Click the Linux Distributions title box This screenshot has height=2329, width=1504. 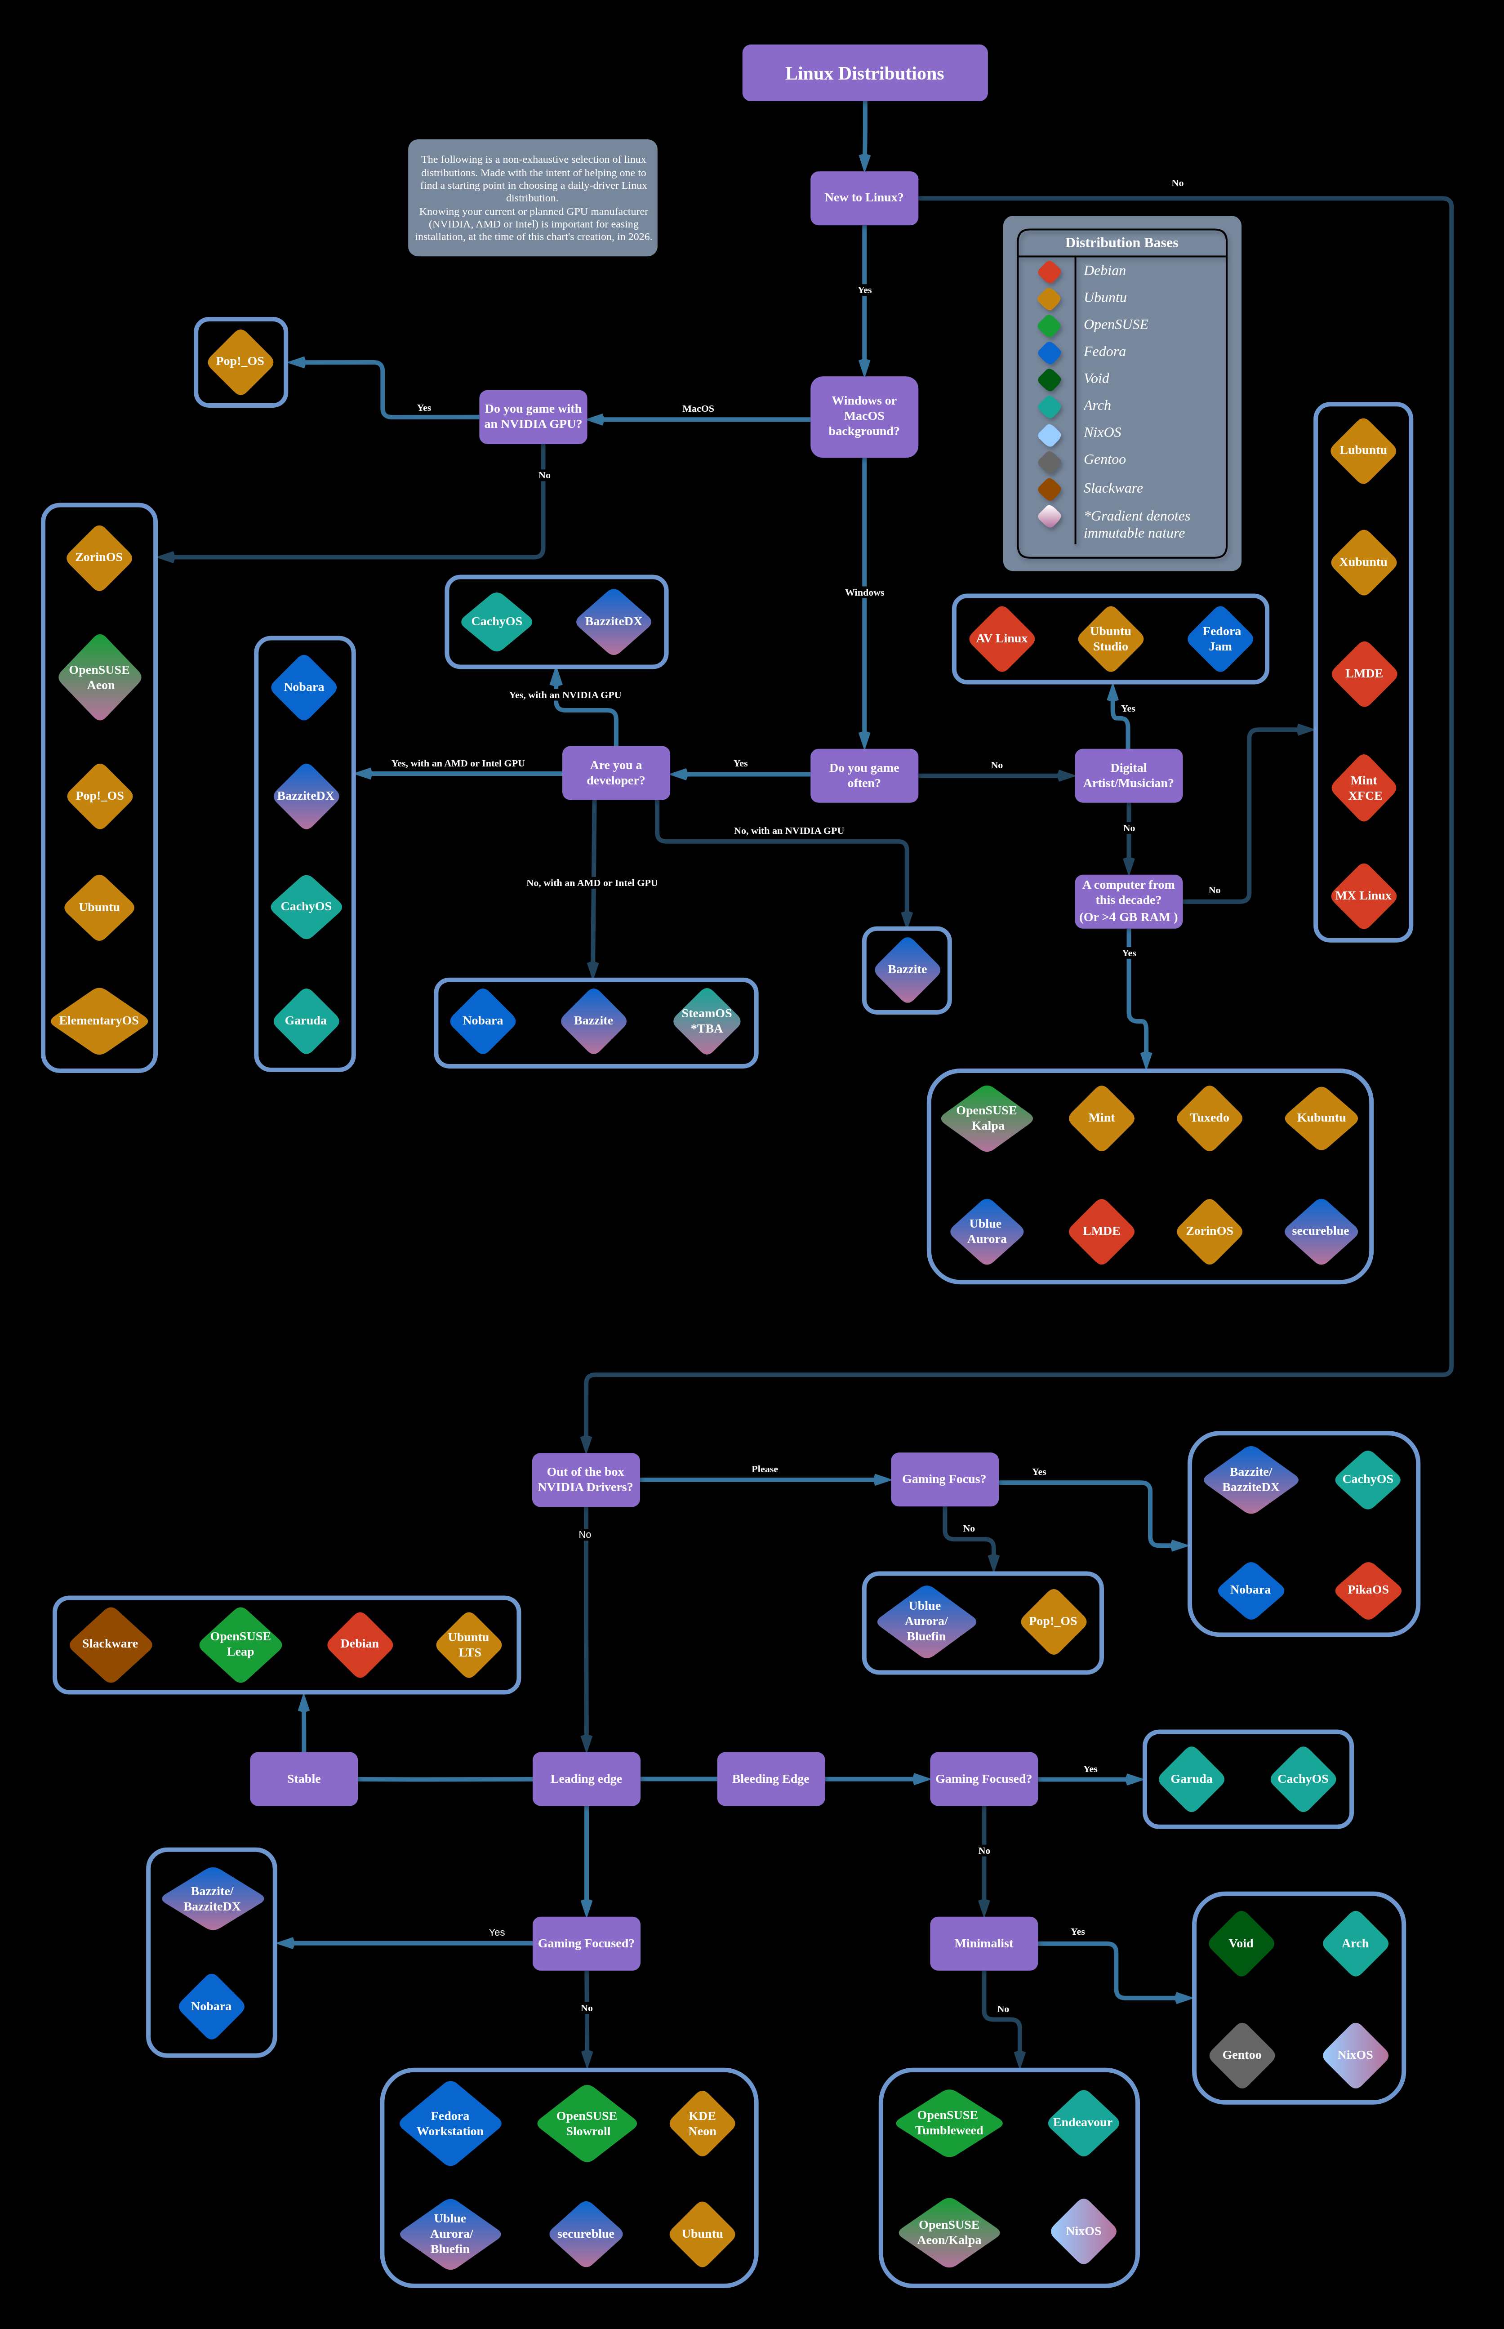[864, 73]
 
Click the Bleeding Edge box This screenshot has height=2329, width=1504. [770, 1779]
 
